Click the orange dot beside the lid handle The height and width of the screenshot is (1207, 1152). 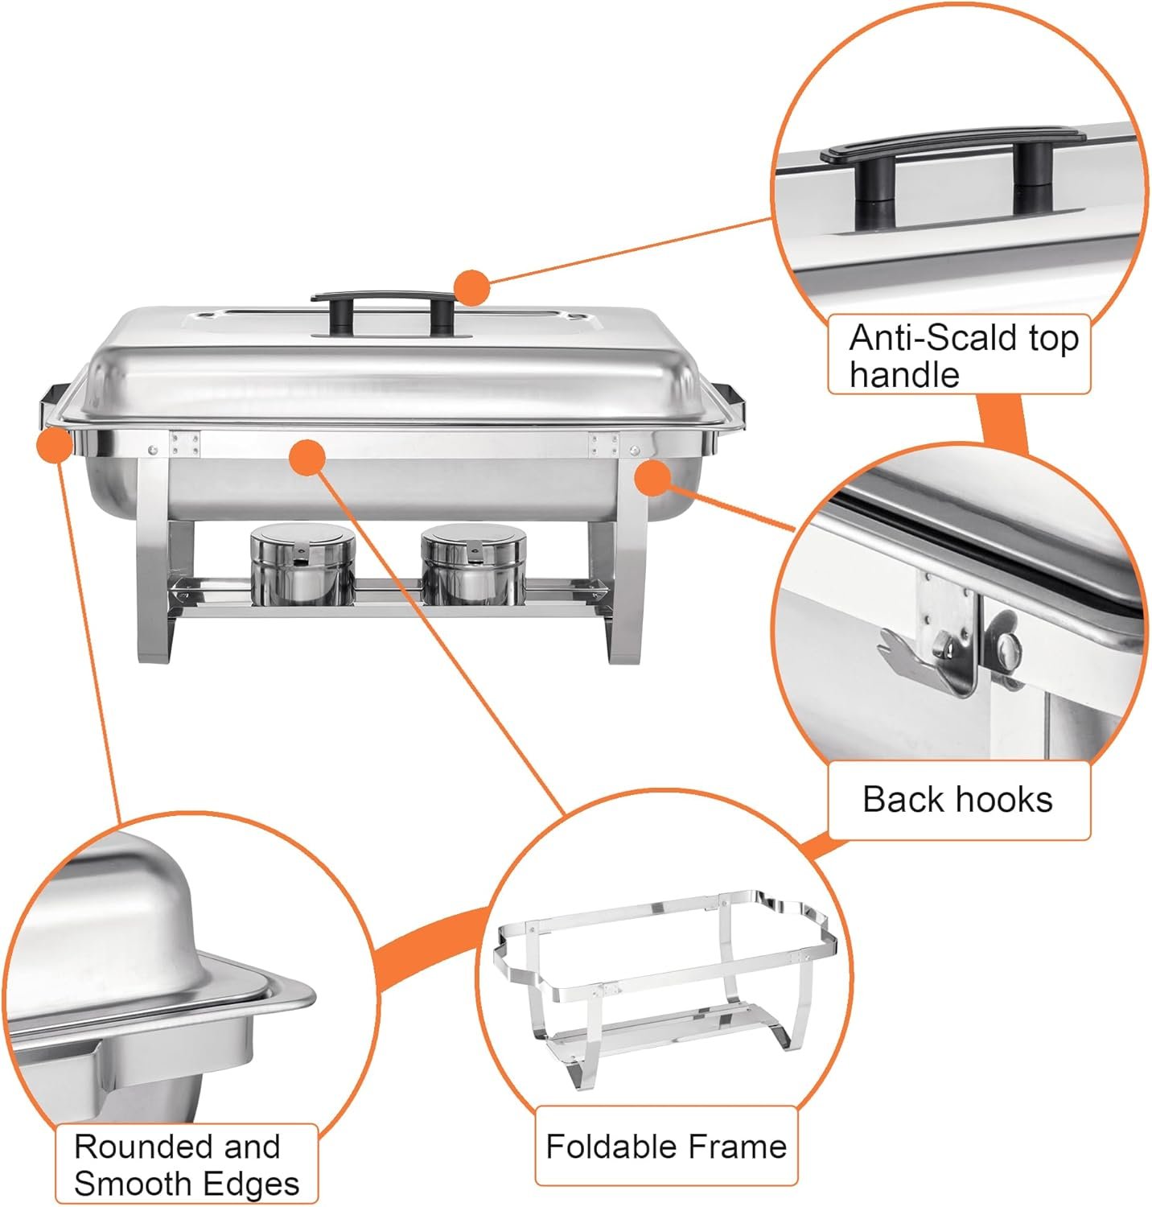[x=471, y=288]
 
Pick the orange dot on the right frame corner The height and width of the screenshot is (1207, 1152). [x=652, y=478]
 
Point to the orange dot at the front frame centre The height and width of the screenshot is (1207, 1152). [x=306, y=458]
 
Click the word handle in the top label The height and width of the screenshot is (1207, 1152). [x=904, y=374]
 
